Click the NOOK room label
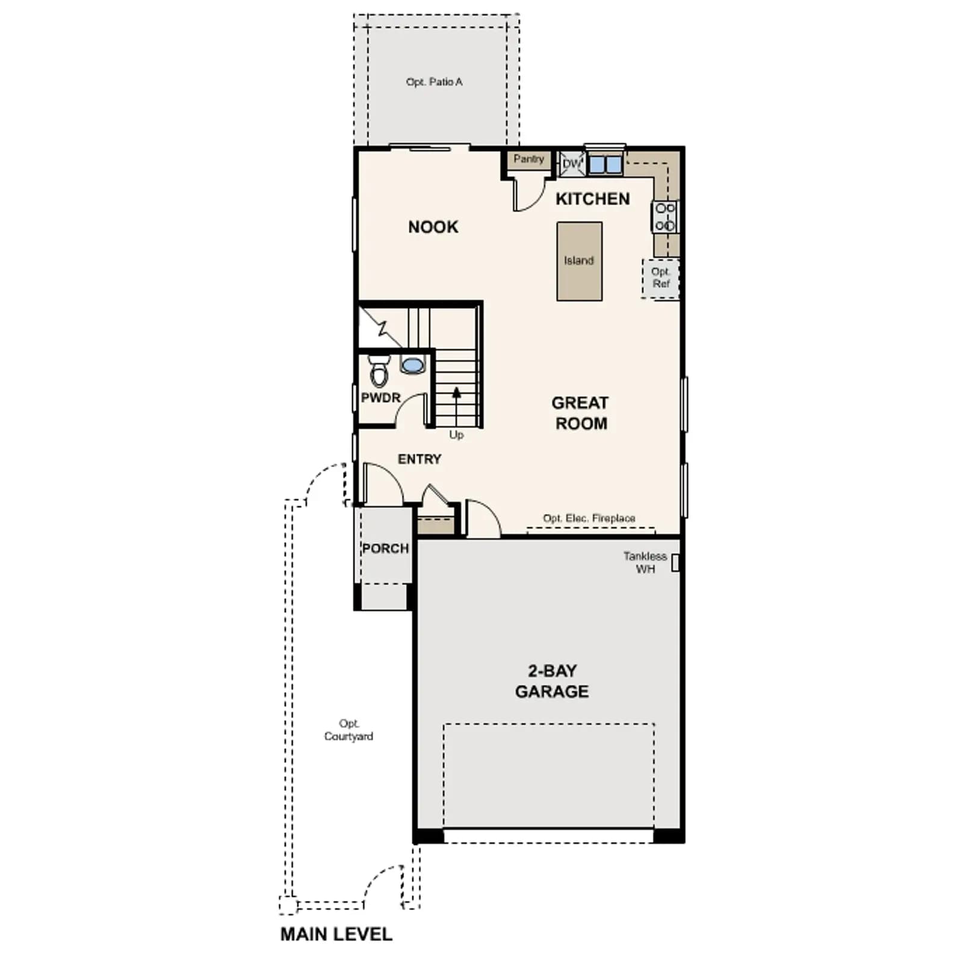433,227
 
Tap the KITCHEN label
593,199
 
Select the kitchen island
579,261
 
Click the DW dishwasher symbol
572,164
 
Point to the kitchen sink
605,164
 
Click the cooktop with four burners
665,217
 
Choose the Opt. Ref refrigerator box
661,278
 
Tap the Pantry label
529,159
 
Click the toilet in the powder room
379,371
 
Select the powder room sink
412,364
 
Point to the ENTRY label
420,459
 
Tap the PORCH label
386,548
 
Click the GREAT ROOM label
581,413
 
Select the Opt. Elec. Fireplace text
589,518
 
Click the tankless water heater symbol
675,563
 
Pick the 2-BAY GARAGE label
552,681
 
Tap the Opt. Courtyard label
348,729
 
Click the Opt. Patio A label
434,82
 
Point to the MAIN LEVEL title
336,934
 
